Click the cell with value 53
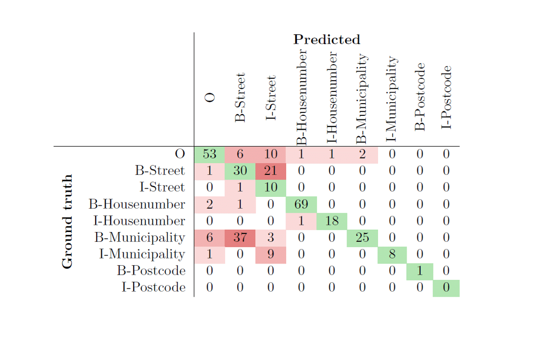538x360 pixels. coord(209,154)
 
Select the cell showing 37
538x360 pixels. coord(240,238)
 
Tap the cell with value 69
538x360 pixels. coord(301,204)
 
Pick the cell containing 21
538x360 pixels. coord(270,171)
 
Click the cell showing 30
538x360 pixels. coord(240,171)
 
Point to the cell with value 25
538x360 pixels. coord(362,238)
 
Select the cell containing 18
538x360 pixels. coord(332,221)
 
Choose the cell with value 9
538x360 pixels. coord(270,255)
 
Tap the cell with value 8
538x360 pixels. coord(392,255)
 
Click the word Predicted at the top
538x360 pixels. coord(327,39)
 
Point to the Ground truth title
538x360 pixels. coord(68,221)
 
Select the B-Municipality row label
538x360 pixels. coord(139,238)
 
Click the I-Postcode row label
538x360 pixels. coord(153,287)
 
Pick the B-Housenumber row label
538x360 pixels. coord(136,204)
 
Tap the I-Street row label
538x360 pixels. coord(162,187)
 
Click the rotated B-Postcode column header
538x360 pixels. coord(420,97)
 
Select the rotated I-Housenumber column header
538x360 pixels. coord(332,97)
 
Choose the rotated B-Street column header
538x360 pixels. coord(240,97)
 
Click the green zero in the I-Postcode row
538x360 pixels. coord(446,288)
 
